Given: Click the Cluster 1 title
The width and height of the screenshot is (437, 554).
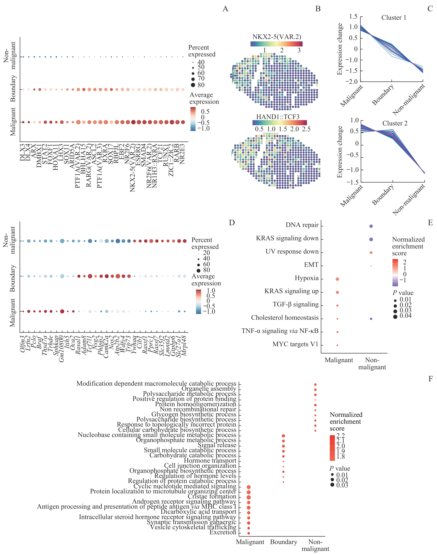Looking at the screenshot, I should (394, 18).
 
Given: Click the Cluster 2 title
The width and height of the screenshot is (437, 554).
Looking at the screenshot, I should (394, 123).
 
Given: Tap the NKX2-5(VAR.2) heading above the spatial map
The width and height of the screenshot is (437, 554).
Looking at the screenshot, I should (277, 37).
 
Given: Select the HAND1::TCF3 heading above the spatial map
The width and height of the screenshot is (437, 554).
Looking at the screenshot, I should (278, 117).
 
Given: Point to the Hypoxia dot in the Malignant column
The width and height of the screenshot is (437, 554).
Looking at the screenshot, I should (337, 279).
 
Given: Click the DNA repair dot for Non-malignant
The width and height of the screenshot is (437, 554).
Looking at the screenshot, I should (371, 226).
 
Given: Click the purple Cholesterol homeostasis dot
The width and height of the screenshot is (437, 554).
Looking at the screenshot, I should (371, 319).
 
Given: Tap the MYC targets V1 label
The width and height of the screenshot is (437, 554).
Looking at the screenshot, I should (295, 344).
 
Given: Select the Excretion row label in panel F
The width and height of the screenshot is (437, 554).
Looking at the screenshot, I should (223, 532).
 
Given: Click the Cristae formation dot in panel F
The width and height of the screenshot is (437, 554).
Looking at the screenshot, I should (249, 497).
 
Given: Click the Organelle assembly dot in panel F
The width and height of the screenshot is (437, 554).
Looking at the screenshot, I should (315, 390).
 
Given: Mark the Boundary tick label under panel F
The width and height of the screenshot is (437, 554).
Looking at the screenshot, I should (284, 542).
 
